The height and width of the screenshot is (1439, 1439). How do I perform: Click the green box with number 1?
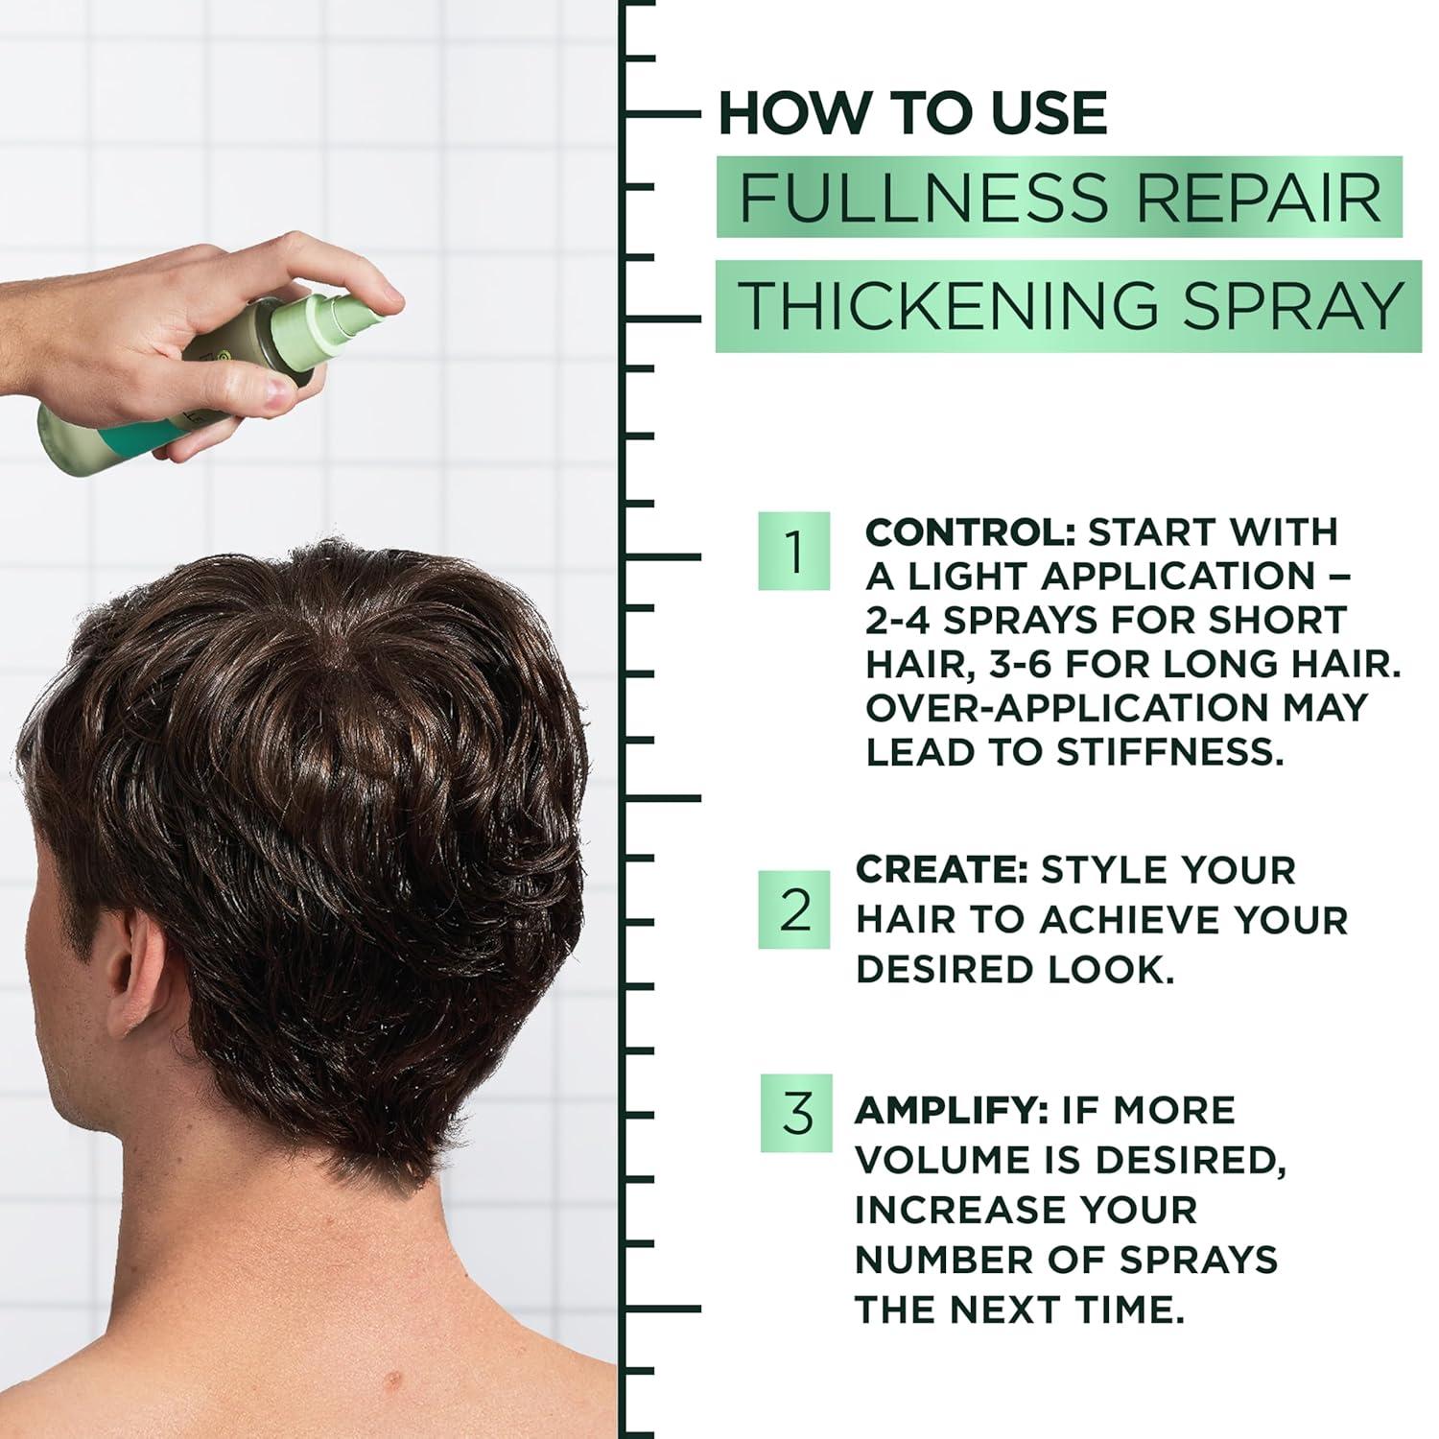coord(793,553)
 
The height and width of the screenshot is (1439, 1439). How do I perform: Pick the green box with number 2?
coord(794,910)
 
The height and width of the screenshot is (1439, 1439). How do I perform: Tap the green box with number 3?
coord(796,1114)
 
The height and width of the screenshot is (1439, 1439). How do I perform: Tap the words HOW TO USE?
coord(912,113)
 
